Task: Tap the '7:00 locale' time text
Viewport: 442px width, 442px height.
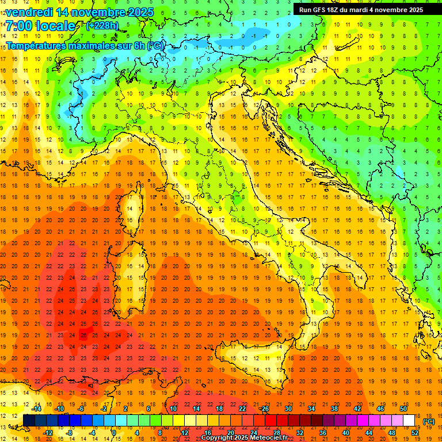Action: tap(40, 26)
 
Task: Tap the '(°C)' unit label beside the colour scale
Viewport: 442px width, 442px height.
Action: tap(429, 421)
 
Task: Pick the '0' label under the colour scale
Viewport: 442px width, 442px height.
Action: tap(115, 433)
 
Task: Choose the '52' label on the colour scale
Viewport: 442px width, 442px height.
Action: tap(415, 433)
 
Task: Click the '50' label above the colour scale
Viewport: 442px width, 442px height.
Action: tap(403, 409)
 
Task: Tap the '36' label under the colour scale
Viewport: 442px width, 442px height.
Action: tap(323, 433)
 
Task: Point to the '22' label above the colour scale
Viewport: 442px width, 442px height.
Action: tap(242, 409)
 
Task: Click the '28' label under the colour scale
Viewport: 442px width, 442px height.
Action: tap(277, 433)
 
